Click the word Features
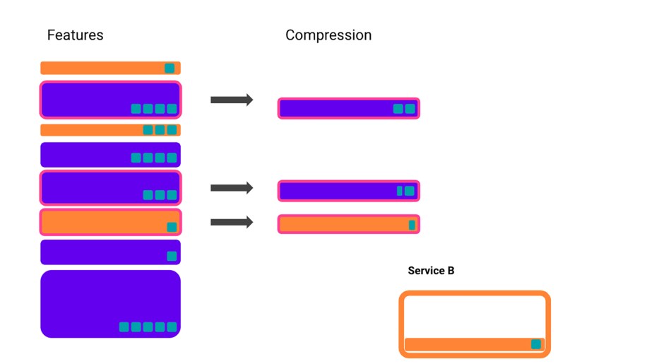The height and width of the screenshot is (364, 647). click(x=75, y=35)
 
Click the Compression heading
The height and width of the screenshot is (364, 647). click(x=328, y=35)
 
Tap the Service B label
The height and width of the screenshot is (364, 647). click(x=431, y=271)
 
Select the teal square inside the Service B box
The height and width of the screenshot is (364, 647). click(x=536, y=344)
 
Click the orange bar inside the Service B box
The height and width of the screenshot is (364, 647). click(x=466, y=345)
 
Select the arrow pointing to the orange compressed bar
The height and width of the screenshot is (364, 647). click(x=232, y=222)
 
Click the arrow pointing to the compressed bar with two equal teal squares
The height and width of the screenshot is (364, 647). click(x=232, y=100)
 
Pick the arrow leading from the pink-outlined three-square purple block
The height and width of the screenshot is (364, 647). click(x=232, y=187)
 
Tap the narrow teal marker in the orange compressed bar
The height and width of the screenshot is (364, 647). click(x=412, y=225)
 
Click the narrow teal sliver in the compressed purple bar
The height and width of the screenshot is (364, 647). click(x=400, y=191)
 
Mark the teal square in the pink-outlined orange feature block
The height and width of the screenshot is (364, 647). click(x=172, y=227)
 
